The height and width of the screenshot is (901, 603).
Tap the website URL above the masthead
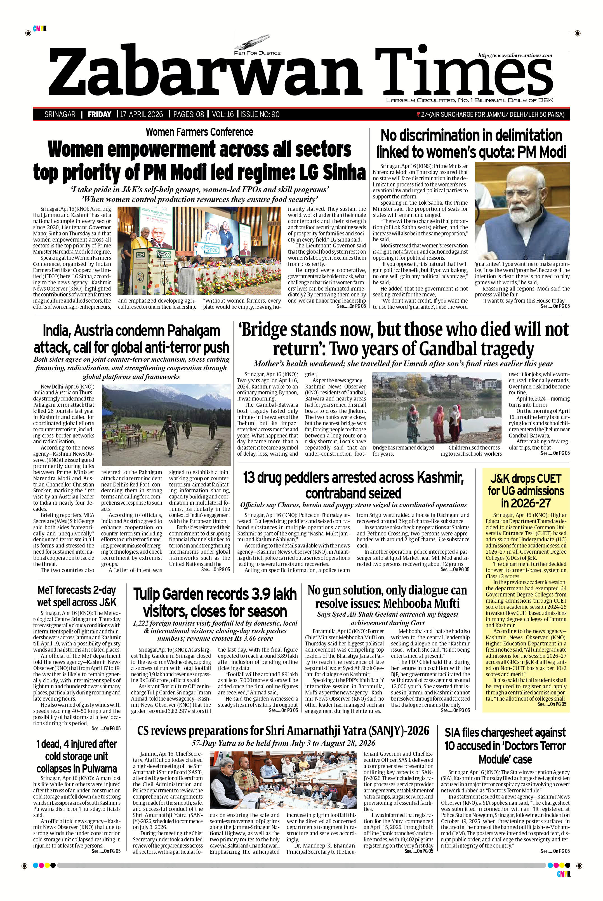pos(515,55)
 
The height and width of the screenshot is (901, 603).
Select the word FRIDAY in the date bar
pos(99,114)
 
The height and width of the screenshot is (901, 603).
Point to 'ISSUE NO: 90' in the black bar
pos(260,114)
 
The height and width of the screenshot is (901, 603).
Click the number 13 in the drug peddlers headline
pos(250,478)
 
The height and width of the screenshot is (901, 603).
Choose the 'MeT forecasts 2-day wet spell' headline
pos(77,596)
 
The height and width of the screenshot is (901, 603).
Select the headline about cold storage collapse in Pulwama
pos(77,756)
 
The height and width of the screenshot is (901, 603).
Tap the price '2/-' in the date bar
pos(425,114)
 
